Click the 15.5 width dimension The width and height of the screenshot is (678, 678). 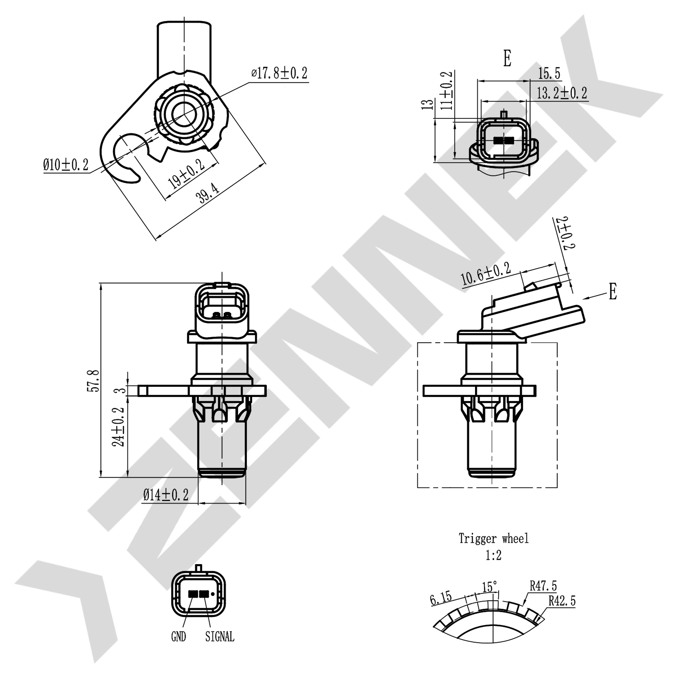[x=549, y=73]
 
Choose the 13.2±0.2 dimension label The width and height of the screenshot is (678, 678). [x=562, y=93]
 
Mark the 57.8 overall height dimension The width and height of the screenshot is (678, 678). [x=93, y=380]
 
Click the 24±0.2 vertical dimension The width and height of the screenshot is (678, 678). [x=118, y=427]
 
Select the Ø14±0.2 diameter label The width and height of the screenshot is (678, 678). [x=165, y=495]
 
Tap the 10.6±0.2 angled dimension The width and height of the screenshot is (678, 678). [x=486, y=274]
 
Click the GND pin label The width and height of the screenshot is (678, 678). [x=179, y=637]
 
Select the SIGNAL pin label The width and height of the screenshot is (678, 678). [x=220, y=637]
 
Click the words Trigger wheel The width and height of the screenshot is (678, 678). [x=494, y=538]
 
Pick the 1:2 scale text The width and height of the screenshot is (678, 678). [x=494, y=555]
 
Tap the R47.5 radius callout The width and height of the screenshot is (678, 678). [x=543, y=586]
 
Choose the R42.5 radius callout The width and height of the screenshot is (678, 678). [x=562, y=601]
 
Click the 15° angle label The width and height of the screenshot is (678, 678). [x=490, y=587]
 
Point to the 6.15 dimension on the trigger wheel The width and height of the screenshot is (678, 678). [x=441, y=598]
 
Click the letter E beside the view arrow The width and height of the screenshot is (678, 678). [x=612, y=292]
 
